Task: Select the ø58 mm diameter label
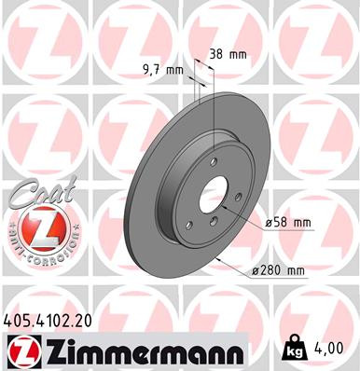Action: (287, 223)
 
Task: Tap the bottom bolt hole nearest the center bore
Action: (213, 222)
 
